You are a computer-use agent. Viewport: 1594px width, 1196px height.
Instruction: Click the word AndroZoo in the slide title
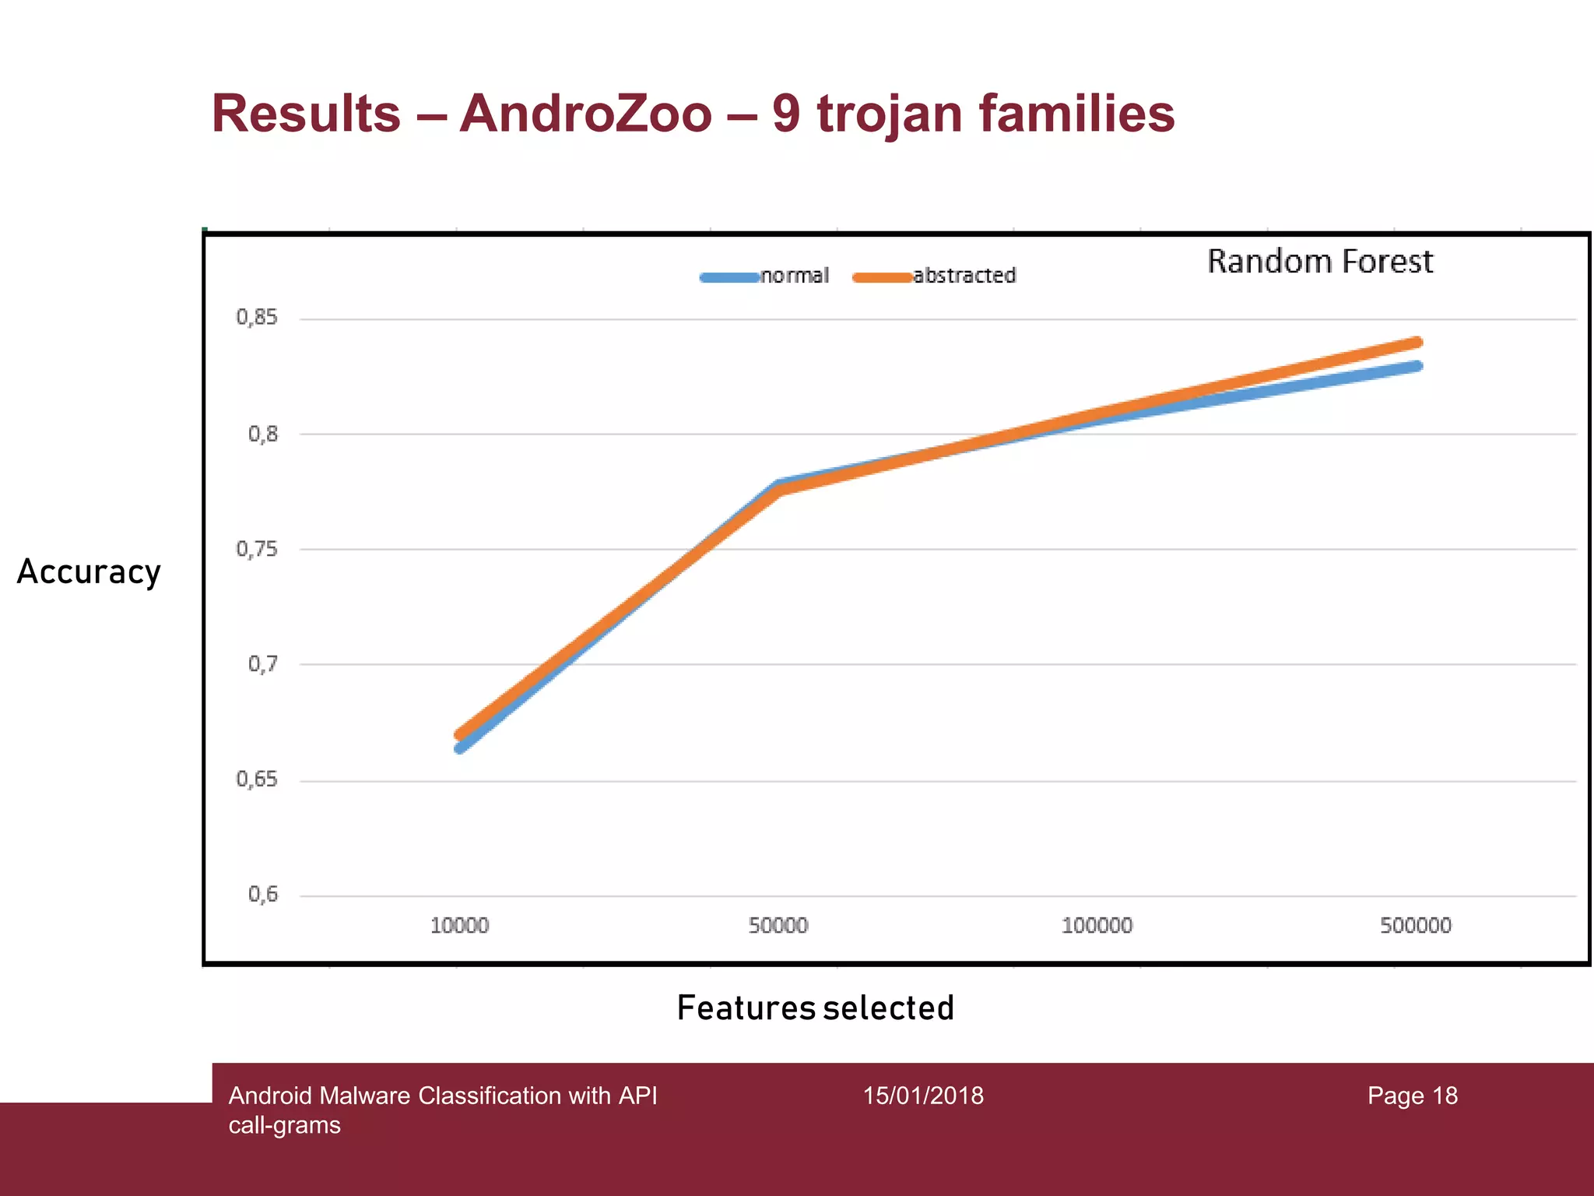[x=585, y=114]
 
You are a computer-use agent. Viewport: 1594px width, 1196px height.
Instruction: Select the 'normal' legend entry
[x=794, y=276]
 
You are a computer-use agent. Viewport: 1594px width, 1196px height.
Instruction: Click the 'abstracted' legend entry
[x=964, y=276]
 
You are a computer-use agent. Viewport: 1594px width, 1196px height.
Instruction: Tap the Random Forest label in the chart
[x=1319, y=262]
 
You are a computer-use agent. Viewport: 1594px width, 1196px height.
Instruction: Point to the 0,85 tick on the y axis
[x=257, y=318]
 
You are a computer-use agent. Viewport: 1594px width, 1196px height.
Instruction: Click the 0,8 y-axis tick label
[x=262, y=434]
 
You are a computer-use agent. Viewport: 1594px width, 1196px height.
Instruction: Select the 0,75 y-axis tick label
[x=257, y=550]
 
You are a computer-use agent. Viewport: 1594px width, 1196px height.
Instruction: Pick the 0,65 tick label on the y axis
[x=257, y=779]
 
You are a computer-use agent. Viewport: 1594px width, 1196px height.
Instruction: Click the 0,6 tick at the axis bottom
[x=262, y=895]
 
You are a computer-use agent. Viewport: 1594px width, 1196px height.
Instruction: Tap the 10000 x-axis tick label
[x=459, y=926]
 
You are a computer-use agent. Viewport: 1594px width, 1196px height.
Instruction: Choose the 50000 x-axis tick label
[x=778, y=926]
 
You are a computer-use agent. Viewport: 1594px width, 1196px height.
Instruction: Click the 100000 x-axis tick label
[x=1097, y=926]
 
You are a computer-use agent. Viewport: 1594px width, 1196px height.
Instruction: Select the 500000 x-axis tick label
[x=1415, y=926]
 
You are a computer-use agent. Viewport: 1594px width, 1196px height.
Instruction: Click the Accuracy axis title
[x=89, y=572]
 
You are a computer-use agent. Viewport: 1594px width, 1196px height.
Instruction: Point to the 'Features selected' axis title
[x=815, y=1008]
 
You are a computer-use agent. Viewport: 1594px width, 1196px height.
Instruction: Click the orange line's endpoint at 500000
[x=1417, y=343]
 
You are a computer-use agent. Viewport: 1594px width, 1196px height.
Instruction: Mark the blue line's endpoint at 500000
[x=1417, y=366]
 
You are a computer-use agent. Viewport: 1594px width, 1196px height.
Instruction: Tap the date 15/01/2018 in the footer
[x=923, y=1096]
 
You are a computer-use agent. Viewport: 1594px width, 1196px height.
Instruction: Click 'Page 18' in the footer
[x=1412, y=1096]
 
